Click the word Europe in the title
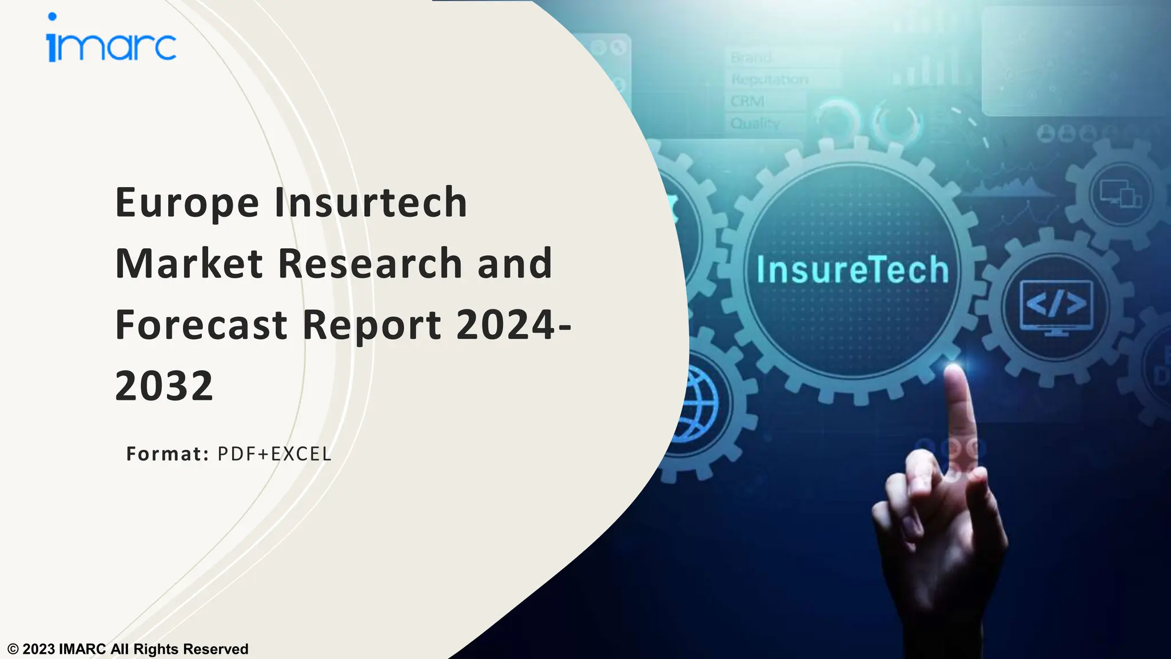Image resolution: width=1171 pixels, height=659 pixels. [187, 203]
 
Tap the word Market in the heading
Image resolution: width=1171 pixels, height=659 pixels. [189, 264]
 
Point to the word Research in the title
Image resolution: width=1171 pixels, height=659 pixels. [370, 264]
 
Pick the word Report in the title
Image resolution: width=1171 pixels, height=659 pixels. [372, 325]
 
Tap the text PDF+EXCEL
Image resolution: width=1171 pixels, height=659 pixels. [274, 454]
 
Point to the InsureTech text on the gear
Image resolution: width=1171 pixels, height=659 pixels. [853, 270]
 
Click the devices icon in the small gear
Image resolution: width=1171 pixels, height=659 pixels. [1121, 193]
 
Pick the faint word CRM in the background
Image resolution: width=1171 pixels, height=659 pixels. [747, 101]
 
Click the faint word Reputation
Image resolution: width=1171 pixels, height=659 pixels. [770, 80]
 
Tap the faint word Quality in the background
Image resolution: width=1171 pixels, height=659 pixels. [755, 123]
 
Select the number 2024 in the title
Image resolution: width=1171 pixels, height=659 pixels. [505, 324]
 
